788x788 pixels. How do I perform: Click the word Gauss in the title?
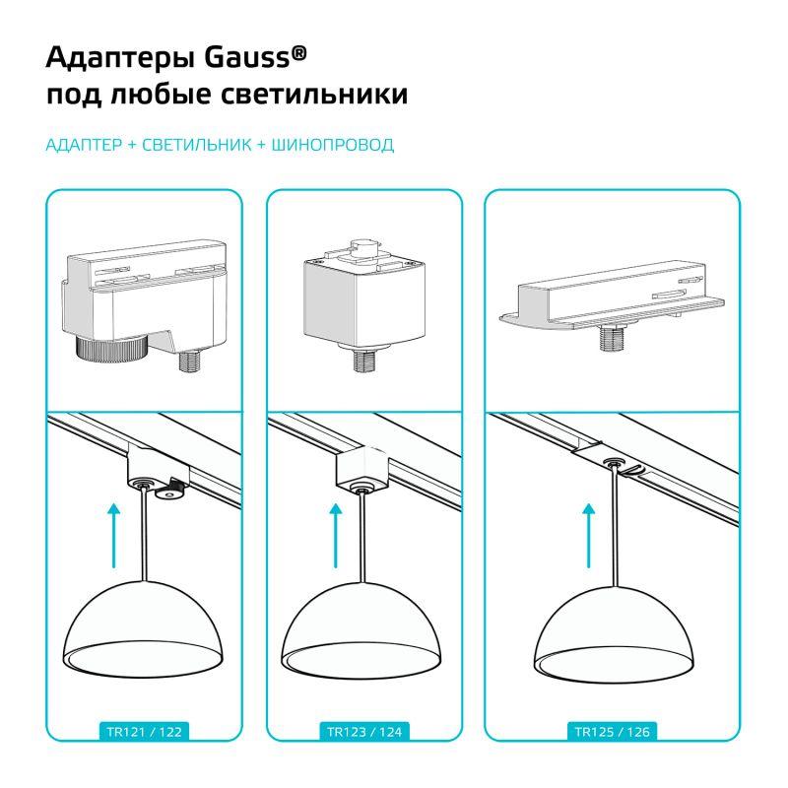tap(247, 57)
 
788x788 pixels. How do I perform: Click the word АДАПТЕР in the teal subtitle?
tap(84, 145)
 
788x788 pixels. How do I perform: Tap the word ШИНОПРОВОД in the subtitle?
tap(333, 145)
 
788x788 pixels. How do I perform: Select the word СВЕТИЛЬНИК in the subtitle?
tap(196, 145)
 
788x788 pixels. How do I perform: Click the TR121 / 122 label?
tap(144, 732)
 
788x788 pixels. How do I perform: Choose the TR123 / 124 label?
tap(364, 732)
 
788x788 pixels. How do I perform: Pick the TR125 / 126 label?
tap(612, 732)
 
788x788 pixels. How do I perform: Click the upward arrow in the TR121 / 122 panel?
tap(114, 536)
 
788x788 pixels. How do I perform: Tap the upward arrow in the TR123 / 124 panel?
tap(335, 536)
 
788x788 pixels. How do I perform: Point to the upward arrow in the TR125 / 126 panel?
tap(588, 536)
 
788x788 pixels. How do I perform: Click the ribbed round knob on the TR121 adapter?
tap(110, 347)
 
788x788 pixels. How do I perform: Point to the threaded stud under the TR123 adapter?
tap(364, 361)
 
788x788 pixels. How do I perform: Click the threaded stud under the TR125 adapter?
tap(612, 338)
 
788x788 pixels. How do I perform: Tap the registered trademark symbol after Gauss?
tap(298, 53)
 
